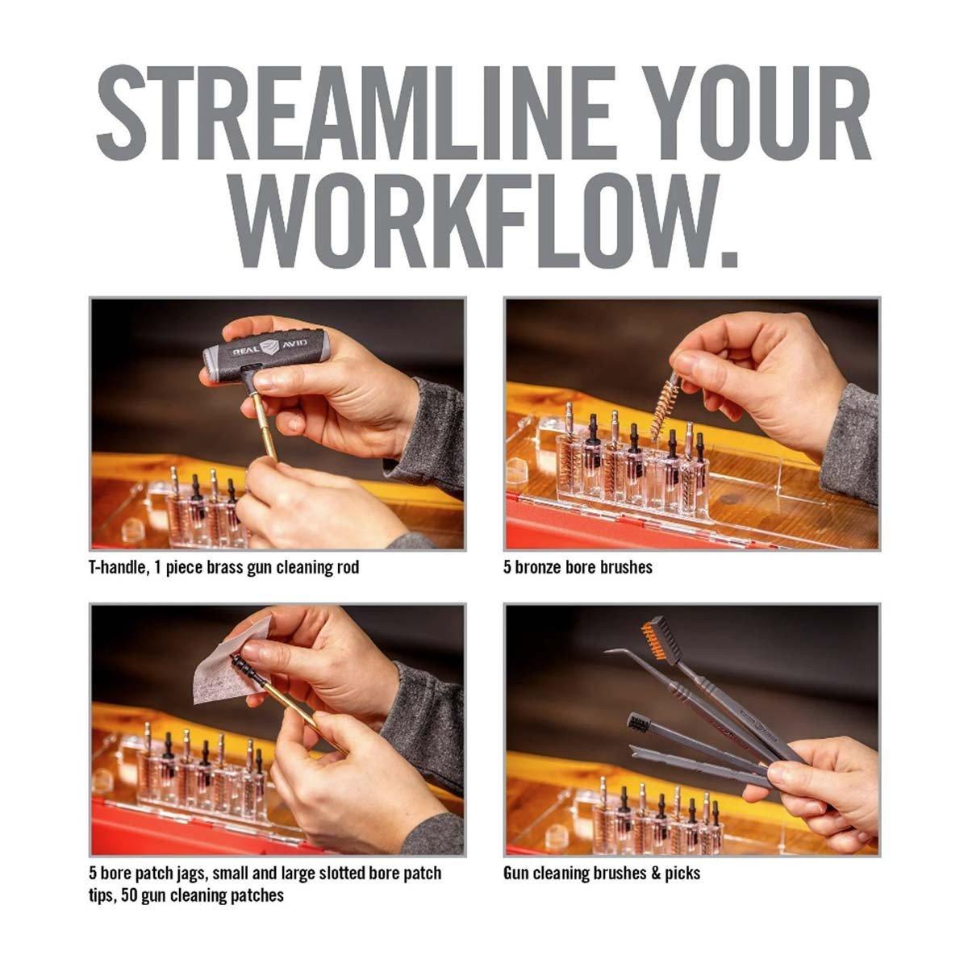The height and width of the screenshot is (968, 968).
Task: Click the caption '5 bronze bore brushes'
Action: coord(578,568)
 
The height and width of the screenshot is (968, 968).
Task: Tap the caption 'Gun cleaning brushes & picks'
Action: coord(602,874)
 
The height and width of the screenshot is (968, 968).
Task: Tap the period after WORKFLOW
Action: coord(728,260)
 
